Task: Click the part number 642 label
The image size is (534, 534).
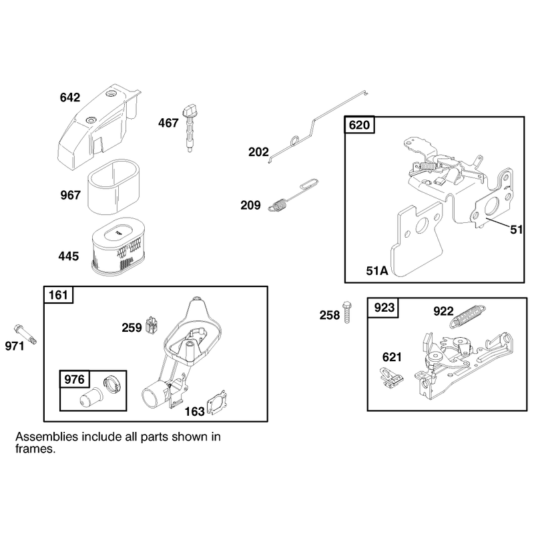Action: click(x=70, y=97)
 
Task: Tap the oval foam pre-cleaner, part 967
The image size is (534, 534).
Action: click(x=113, y=187)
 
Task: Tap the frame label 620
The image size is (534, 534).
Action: click(x=359, y=125)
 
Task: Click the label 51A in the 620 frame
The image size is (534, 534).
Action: click(x=376, y=271)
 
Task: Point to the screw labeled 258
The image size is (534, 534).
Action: click(x=346, y=312)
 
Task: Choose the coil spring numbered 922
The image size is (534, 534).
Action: click(x=468, y=316)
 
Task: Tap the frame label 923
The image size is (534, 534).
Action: click(x=384, y=308)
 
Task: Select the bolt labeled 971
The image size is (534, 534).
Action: click(x=25, y=335)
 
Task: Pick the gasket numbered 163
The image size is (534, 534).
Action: click(x=217, y=403)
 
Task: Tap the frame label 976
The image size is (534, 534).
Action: click(x=74, y=379)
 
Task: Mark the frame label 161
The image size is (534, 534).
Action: click(x=58, y=295)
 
